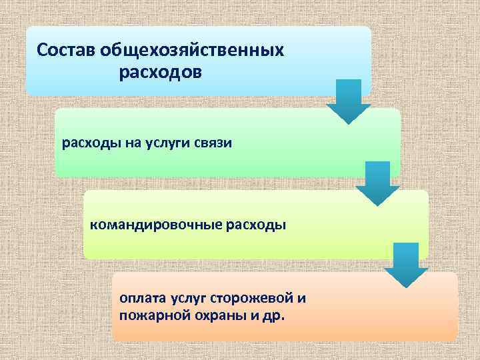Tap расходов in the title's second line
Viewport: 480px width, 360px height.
point(160,71)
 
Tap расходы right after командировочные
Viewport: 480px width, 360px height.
point(257,225)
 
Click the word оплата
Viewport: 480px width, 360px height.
point(141,297)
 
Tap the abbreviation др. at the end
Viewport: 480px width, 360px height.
point(274,314)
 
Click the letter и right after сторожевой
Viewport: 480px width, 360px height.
point(302,297)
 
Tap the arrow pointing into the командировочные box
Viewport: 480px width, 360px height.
point(377,184)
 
